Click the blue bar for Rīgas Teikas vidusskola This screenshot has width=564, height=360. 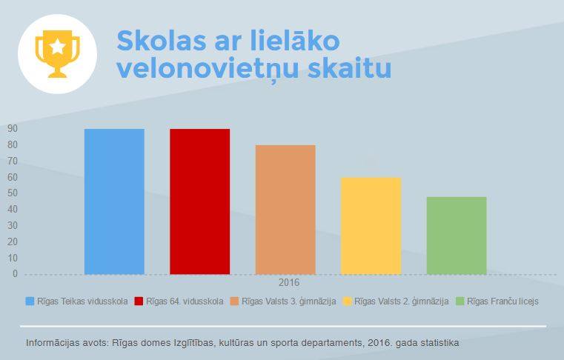tap(114, 201)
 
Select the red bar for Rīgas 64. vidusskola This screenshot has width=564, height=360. tap(199, 201)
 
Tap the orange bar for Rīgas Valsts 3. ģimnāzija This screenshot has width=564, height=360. tap(285, 210)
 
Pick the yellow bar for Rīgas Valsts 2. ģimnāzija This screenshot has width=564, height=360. tap(371, 226)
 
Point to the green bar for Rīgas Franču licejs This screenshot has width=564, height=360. tap(457, 236)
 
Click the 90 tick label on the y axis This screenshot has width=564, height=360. tap(13, 128)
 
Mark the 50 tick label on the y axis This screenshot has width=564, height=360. tap(13, 193)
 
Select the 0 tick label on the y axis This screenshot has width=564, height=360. tap(15, 273)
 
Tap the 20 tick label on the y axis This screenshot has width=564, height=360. tap(13, 241)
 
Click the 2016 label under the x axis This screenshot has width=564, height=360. tap(289, 283)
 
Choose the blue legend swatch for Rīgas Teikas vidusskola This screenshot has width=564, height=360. tap(30, 301)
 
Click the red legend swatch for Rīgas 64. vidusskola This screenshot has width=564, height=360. tap(139, 301)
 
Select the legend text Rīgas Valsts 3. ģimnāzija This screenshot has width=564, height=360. tap(289, 301)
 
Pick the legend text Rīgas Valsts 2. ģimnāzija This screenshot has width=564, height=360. tap(402, 301)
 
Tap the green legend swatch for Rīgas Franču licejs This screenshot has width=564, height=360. tap(460, 301)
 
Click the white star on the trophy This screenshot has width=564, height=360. tap(58, 47)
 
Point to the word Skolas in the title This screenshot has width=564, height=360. tap(162, 41)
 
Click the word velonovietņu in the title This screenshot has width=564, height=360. tap(208, 69)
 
